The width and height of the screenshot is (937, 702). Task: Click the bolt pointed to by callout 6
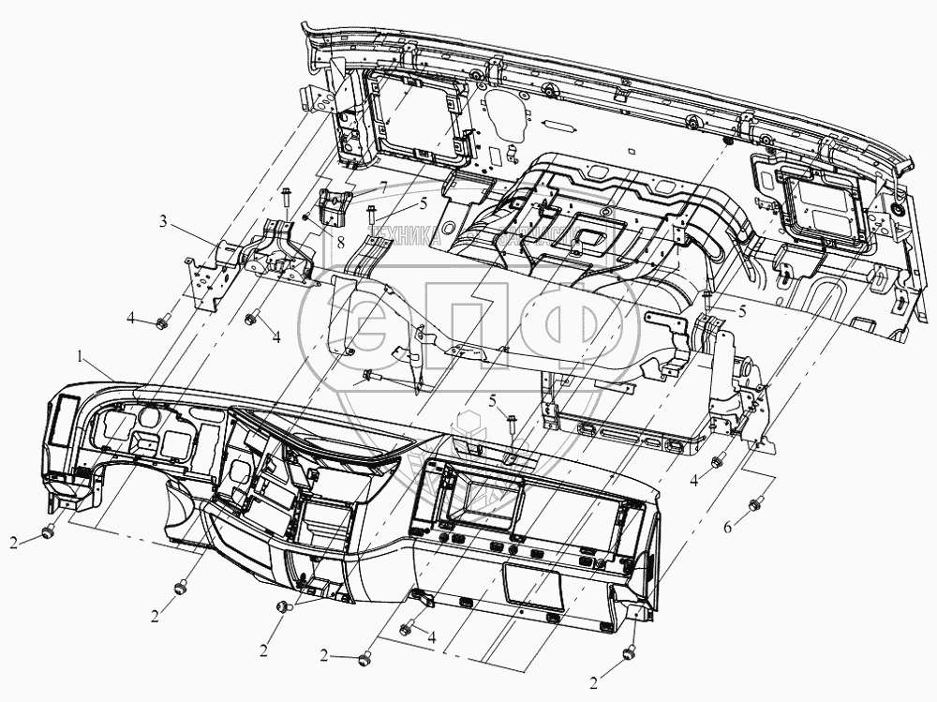tap(754, 507)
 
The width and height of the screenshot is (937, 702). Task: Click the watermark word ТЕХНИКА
tap(404, 239)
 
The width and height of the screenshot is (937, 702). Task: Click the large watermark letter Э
tap(342, 323)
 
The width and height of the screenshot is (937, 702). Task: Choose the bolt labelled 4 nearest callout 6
tap(719, 462)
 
